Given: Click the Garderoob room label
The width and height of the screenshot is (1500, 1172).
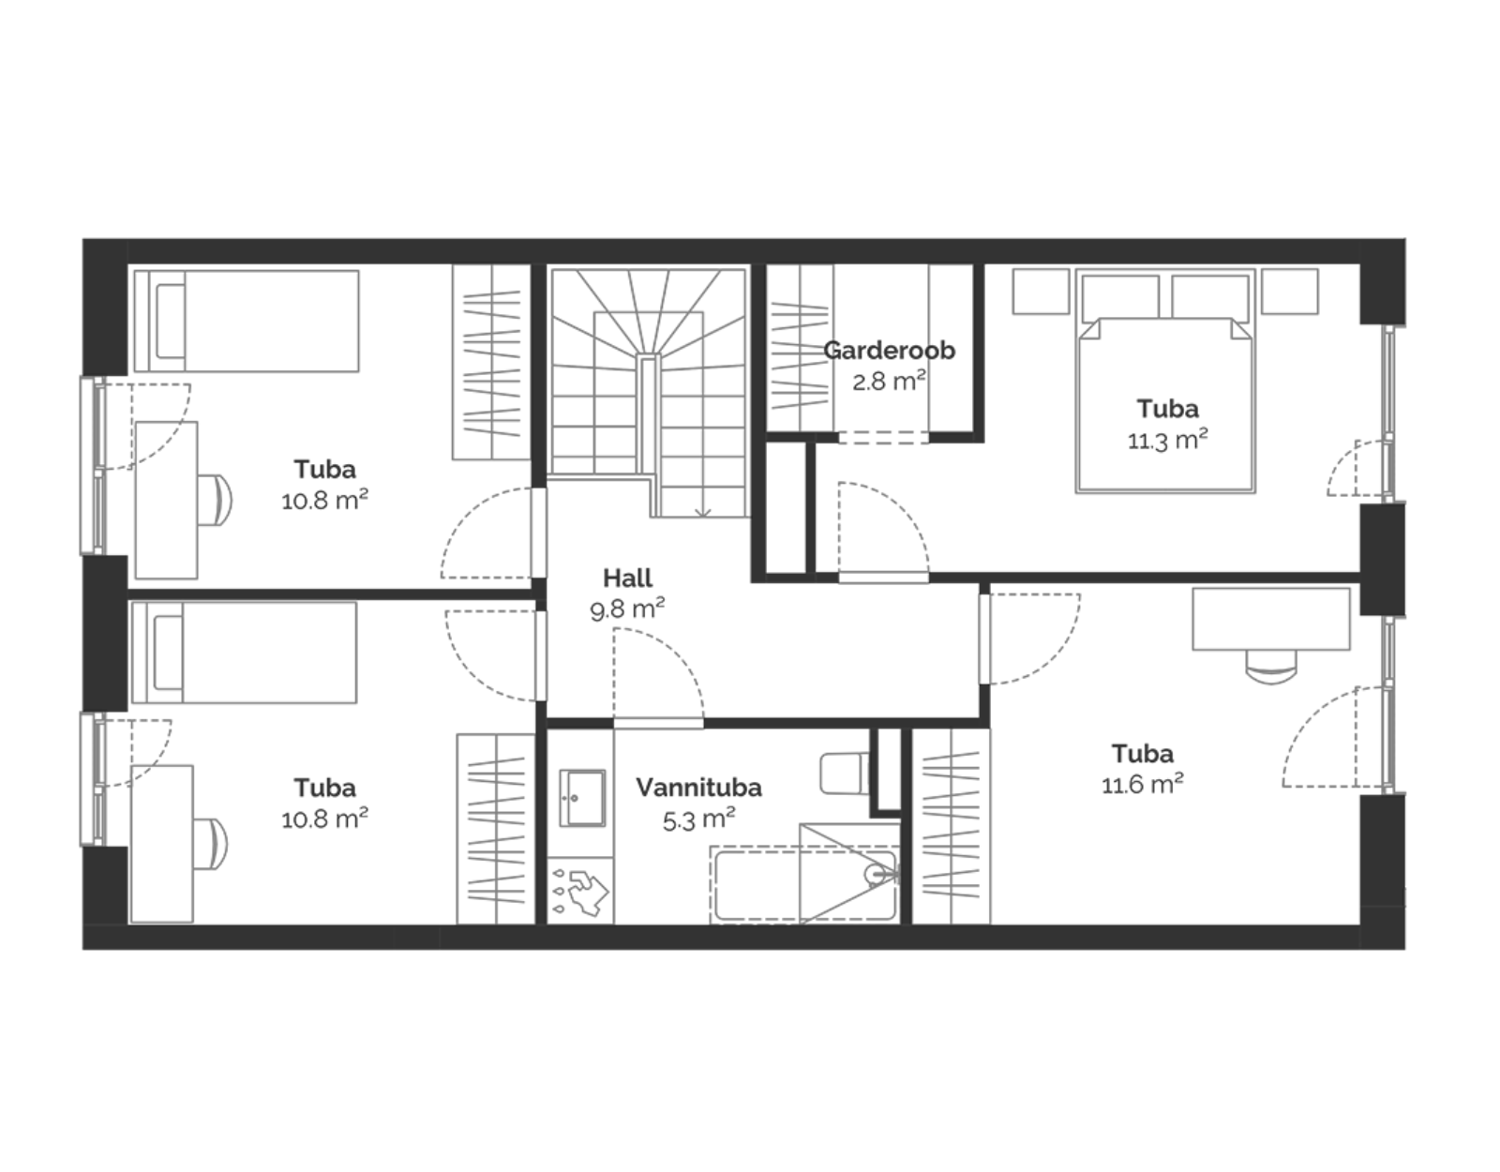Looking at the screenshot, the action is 889,351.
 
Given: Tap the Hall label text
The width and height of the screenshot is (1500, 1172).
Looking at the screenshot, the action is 627,578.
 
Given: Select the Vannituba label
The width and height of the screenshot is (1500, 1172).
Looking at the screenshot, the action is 698,788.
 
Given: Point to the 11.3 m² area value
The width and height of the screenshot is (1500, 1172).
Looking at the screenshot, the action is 1167,440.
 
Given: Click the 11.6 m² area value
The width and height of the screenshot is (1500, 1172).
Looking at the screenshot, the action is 1143,784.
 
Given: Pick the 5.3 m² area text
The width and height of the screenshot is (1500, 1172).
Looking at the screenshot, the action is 698,819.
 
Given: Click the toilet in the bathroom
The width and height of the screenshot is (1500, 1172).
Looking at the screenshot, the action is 845,773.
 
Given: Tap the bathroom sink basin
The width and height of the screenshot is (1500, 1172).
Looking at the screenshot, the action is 582,799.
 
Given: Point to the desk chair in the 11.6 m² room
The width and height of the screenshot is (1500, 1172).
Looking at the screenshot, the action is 1271,667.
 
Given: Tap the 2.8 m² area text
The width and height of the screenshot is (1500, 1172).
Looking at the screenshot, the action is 889,381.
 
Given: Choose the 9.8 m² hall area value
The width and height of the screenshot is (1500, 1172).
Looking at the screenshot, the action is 627,609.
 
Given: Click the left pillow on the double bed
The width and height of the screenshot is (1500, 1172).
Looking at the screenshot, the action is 1120,298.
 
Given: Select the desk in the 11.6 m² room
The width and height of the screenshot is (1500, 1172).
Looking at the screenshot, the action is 1271,619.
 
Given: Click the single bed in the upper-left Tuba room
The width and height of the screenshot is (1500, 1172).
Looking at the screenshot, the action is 247,321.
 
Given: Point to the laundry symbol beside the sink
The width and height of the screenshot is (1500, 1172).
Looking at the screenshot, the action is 581,892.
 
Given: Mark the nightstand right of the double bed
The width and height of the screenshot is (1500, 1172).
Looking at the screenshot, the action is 1289,292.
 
